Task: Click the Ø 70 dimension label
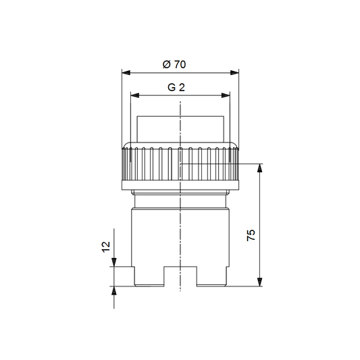[x=174, y=64]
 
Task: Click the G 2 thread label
[x=176, y=88]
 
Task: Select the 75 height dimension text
[x=251, y=235]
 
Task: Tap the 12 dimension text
[x=106, y=247]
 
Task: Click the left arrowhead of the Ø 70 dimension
[x=126, y=73]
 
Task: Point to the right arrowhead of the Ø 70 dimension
[x=234, y=73]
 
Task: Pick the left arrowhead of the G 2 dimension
[x=135, y=95]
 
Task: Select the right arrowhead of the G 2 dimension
[x=226, y=95]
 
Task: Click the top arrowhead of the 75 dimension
[x=259, y=168]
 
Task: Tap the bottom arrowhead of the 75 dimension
[x=259, y=282]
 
